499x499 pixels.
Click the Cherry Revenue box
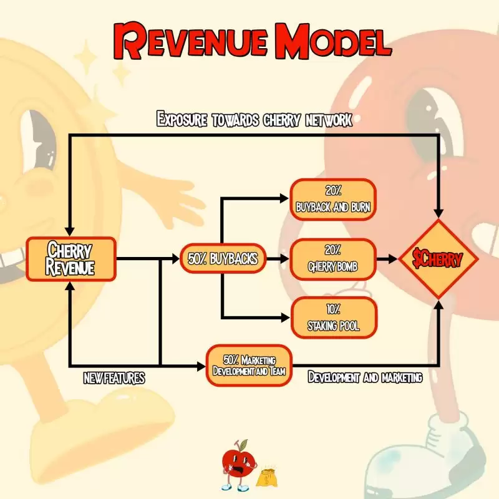70,258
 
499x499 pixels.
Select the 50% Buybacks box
223,258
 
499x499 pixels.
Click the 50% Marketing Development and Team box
249,366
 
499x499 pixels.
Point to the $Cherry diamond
439,258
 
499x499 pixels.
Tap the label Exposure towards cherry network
254,119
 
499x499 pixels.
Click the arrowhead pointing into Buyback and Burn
285,200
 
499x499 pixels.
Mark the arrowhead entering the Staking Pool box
285,317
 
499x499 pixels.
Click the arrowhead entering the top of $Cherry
439,212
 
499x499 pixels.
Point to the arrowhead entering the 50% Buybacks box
175,258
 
